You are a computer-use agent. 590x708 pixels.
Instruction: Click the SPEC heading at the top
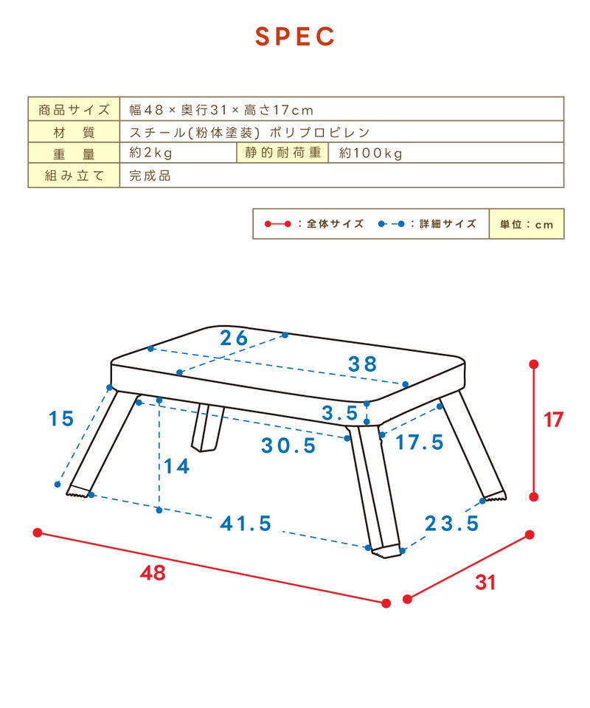coord(295,37)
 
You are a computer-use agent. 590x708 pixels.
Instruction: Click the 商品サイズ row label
coord(74,109)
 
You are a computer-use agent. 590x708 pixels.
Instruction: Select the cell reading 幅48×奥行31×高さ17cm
coord(221,110)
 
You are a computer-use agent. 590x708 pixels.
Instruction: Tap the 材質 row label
coord(74,132)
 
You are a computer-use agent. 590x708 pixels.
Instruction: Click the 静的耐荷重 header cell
coord(282,153)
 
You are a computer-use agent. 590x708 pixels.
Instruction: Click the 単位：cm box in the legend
coord(527,224)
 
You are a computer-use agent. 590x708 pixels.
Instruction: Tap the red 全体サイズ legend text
coord(336,223)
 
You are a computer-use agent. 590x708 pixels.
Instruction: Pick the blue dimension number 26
coord(234,338)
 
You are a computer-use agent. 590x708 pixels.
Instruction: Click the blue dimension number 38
coord(362,364)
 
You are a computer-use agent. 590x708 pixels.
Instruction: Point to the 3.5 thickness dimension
coord(339,413)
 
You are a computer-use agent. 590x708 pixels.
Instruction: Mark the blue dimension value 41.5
coord(246,524)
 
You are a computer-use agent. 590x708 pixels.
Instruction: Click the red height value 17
coord(553,420)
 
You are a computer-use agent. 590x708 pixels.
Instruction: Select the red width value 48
coord(153,573)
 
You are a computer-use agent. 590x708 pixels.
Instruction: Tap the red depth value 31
coord(485,583)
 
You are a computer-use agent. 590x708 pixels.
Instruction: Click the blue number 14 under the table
coord(176,466)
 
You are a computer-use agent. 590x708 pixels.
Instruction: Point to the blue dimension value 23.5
coord(451,524)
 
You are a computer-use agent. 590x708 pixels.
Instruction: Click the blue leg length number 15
coord(61,419)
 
